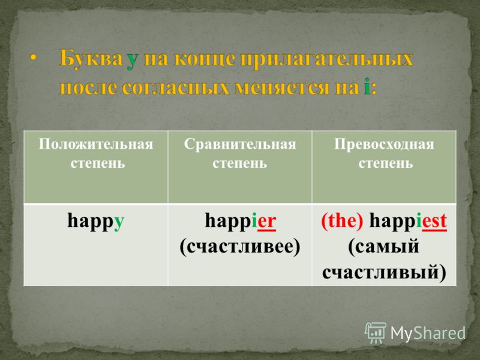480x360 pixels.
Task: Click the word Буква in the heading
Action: pyautogui.click(x=91, y=58)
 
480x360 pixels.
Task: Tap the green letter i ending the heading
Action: pyautogui.click(x=367, y=86)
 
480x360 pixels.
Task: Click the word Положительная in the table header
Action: pyautogui.click(x=96, y=145)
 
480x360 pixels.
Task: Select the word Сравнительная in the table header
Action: pyautogui.click(x=240, y=145)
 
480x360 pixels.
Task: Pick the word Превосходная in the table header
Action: pyautogui.click(x=384, y=145)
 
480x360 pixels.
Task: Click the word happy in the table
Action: pyautogui.click(x=96, y=221)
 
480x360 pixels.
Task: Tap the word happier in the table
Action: pyautogui.click(x=241, y=220)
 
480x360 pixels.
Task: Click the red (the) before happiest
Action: pyautogui.click(x=342, y=221)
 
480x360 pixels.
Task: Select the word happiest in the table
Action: pyautogui.click(x=408, y=221)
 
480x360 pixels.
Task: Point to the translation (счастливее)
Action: pyautogui.click(x=240, y=247)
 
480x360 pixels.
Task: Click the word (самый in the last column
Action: pyautogui.click(x=383, y=247)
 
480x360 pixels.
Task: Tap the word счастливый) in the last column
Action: pyautogui.click(x=384, y=272)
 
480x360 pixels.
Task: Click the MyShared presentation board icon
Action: pyautogui.click(x=376, y=332)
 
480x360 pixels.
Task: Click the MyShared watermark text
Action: pyautogui.click(x=428, y=333)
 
